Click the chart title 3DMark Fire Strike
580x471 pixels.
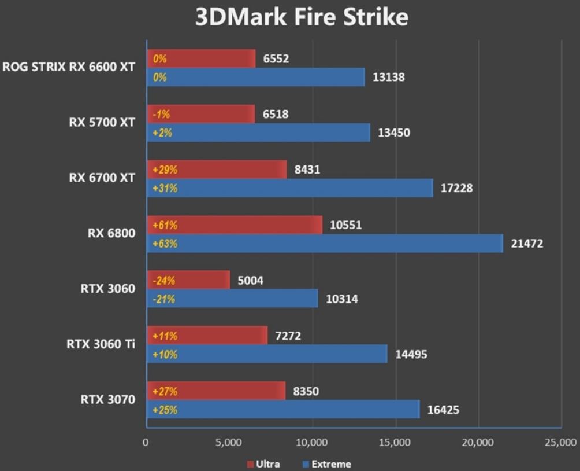302,17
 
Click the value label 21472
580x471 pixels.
527,244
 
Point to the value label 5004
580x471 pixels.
250,281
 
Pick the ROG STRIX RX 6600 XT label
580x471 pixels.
69,67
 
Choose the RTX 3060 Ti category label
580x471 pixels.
101,344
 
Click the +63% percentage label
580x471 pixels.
165,244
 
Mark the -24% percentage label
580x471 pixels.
164,281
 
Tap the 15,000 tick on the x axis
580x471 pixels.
395,443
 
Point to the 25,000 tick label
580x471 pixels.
560,443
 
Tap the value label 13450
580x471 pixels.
394,133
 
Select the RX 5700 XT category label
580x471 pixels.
102,122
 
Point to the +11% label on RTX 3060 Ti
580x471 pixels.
165,336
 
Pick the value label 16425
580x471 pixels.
444,410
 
